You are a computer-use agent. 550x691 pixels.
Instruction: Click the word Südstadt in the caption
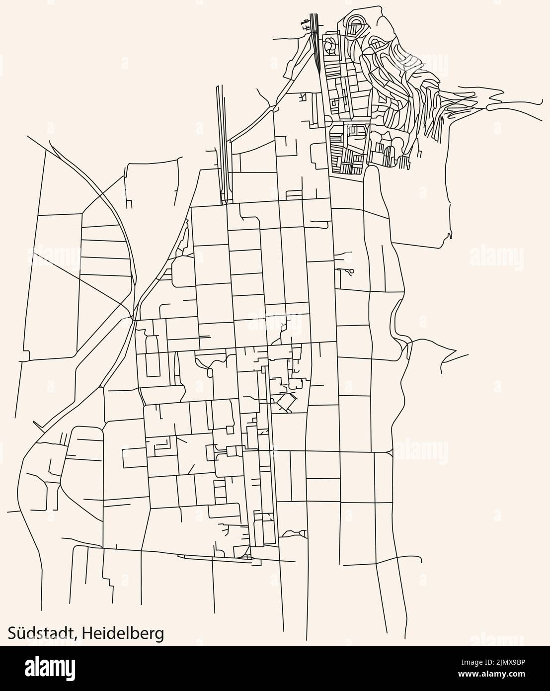pyautogui.click(x=40, y=633)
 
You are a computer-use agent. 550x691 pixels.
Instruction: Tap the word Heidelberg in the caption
pyautogui.click(x=123, y=634)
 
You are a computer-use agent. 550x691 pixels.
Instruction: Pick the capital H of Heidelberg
pyautogui.click(x=87, y=633)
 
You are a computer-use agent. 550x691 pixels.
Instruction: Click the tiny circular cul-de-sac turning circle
pyautogui.click(x=352, y=271)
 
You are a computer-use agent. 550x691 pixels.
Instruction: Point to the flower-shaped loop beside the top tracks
pyautogui.click(x=328, y=47)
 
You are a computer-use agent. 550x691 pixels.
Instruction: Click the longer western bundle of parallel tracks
pyautogui.click(x=223, y=144)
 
